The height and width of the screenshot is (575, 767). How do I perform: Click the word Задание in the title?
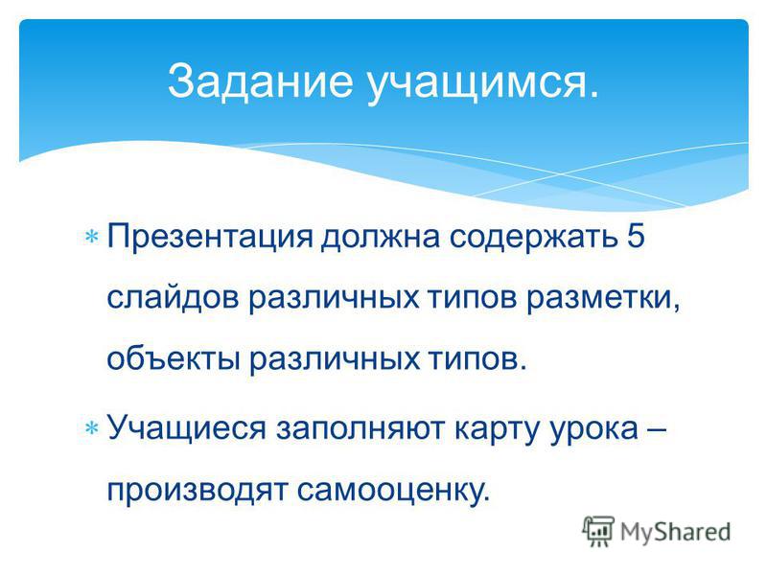[x=260, y=81]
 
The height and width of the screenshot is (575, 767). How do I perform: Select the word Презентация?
[x=210, y=238]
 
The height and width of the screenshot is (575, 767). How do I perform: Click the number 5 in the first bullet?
[x=635, y=236]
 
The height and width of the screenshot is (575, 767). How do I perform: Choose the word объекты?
[x=174, y=358]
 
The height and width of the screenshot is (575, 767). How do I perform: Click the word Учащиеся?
[x=186, y=428]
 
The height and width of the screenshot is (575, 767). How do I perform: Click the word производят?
[x=197, y=491]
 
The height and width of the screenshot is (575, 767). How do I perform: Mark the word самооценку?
[x=393, y=491]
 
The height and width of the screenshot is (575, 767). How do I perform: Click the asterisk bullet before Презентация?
[x=92, y=237]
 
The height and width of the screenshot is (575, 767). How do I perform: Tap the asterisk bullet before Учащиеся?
[x=92, y=428]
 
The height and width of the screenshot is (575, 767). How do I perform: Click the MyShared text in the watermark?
[x=676, y=533]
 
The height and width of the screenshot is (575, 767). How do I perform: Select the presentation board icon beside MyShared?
[x=598, y=531]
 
